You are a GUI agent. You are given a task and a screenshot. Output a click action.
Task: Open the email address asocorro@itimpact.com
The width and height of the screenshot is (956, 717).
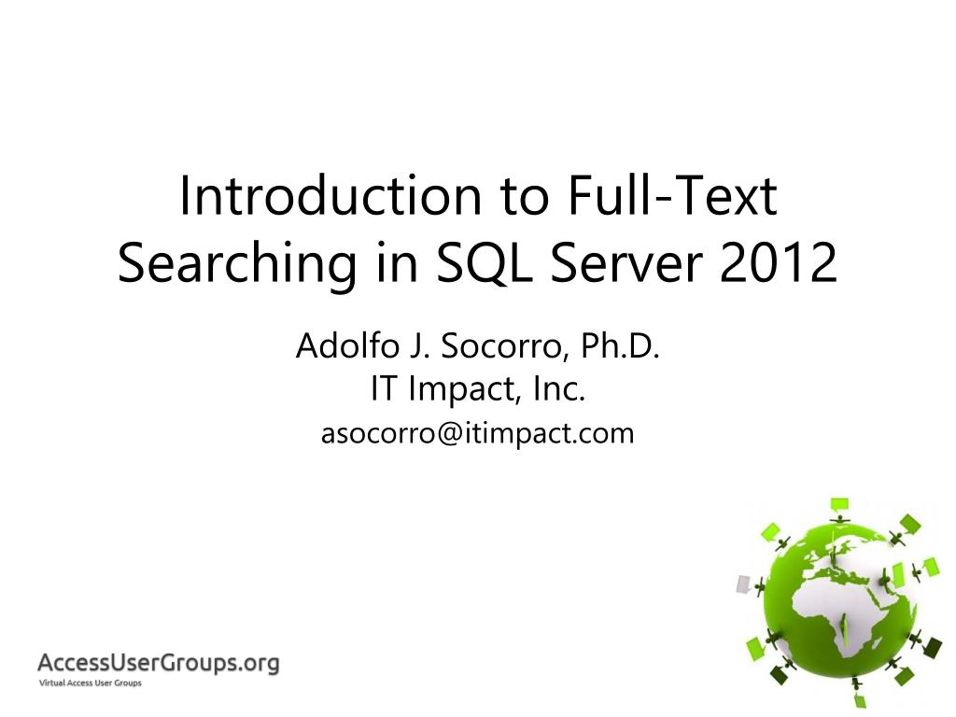point(477,433)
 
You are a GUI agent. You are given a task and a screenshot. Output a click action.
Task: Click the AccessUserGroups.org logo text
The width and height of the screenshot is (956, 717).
point(158,664)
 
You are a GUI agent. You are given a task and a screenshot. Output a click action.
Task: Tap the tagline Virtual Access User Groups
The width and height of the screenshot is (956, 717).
point(89,684)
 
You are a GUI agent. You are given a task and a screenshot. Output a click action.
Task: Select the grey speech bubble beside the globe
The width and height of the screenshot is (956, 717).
point(743,583)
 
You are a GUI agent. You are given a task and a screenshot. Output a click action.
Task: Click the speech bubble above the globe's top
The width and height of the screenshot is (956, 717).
point(840,505)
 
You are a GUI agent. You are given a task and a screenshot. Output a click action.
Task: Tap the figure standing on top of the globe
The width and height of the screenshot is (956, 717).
point(840,519)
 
